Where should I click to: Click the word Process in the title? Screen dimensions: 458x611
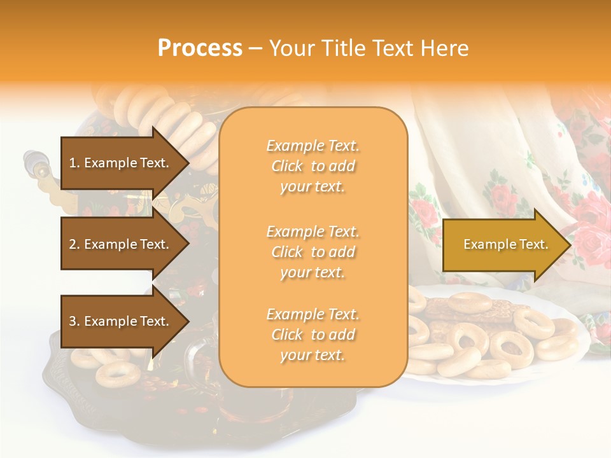pyautogui.click(x=200, y=48)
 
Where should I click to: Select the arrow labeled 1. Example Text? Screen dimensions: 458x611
pyautogui.click(x=121, y=163)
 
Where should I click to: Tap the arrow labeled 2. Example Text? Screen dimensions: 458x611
pyautogui.click(x=121, y=244)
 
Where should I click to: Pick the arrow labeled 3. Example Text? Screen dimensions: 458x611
pyautogui.click(x=121, y=321)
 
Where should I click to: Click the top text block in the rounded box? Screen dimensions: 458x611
pyautogui.click(x=313, y=166)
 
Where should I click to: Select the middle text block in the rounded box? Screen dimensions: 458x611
pyautogui.click(x=313, y=252)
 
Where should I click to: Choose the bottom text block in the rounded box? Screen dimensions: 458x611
pyautogui.click(x=313, y=335)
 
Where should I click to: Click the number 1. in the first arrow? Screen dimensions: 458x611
pyautogui.click(x=74, y=163)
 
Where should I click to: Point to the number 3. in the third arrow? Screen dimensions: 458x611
pyautogui.click(x=74, y=321)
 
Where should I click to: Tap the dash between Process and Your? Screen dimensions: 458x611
pyautogui.click(x=255, y=49)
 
